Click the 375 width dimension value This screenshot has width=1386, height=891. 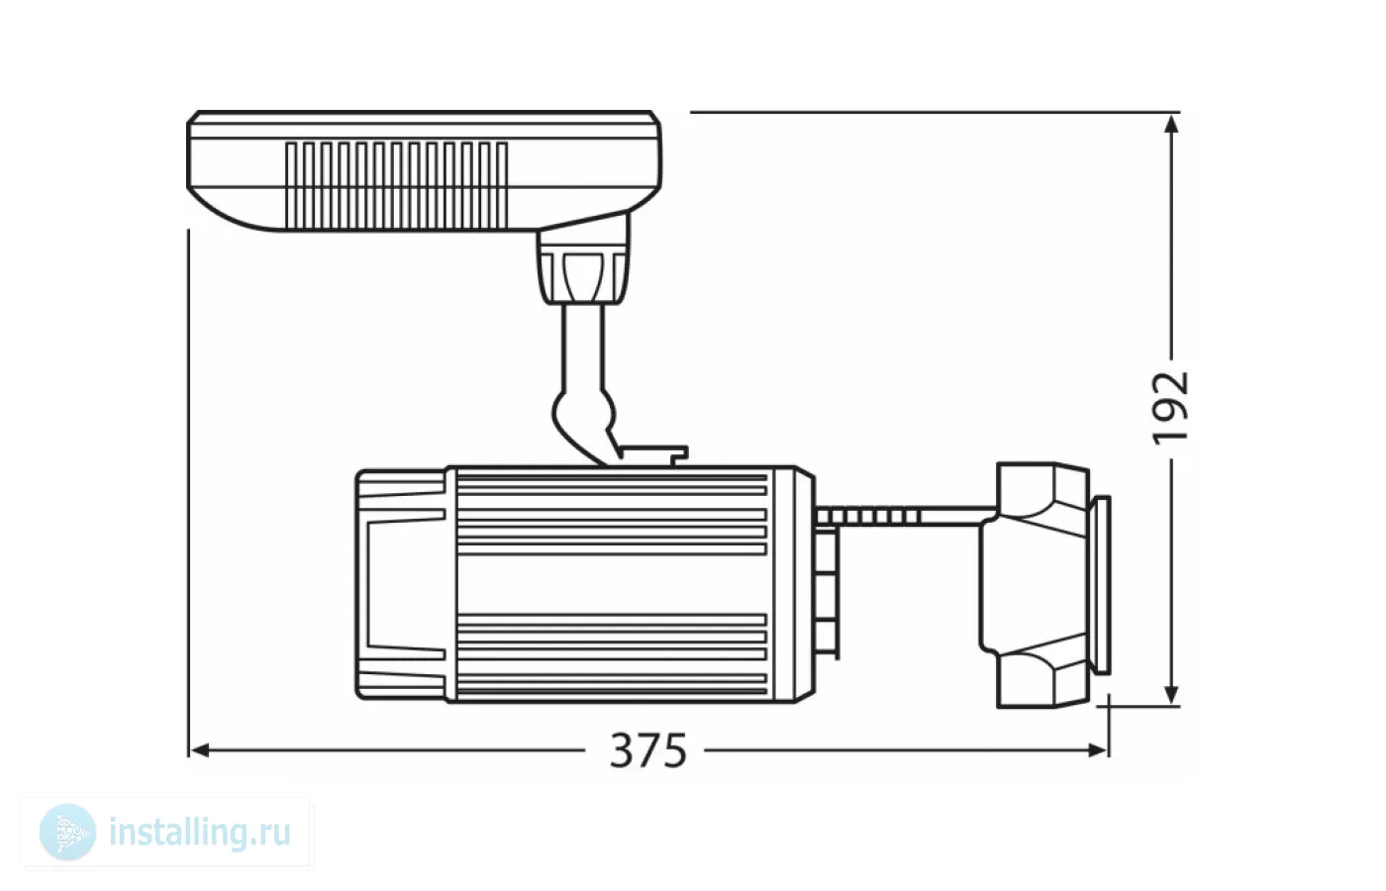coord(647,751)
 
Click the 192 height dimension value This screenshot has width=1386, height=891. coord(1170,408)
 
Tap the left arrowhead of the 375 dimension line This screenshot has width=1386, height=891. coord(200,751)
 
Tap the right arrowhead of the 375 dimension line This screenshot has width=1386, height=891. coord(1098,751)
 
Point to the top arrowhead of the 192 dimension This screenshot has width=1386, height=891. coord(1170,124)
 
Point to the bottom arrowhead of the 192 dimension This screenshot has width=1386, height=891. coord(1170,693)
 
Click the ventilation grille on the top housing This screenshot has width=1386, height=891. coord(397,185)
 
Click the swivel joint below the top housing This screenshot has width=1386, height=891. coord(582,267)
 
